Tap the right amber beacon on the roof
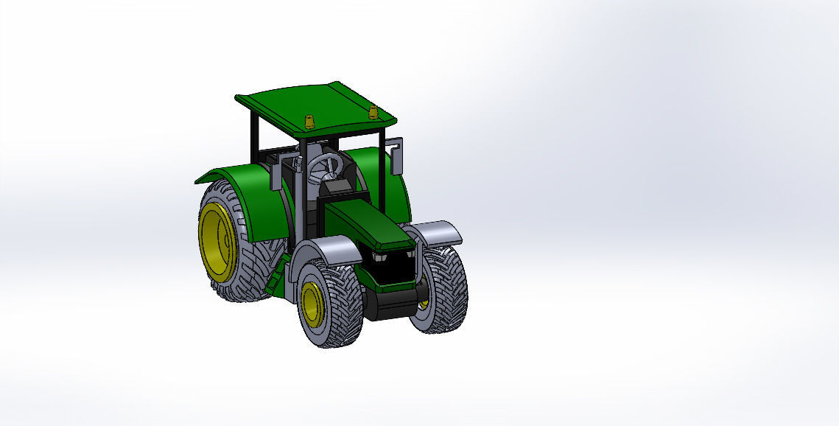click(373, 112)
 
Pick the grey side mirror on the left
click(277, 178)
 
